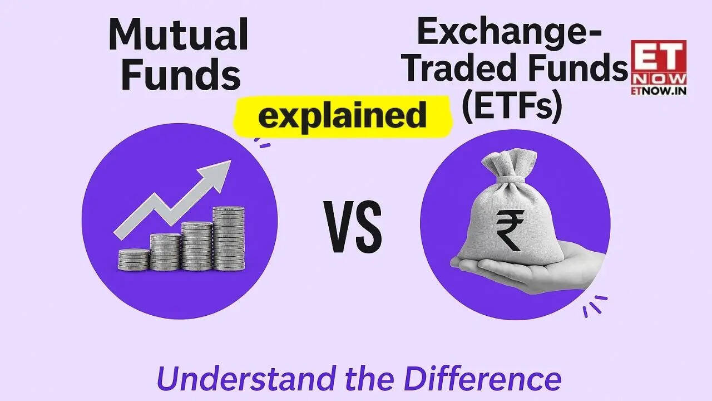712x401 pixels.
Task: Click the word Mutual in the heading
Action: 178,34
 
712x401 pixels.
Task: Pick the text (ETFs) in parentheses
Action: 511,106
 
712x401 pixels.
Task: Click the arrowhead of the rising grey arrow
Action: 221,170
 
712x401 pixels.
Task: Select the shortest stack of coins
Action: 133,260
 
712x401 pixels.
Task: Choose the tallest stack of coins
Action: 228,238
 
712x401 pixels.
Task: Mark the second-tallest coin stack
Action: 197,246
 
